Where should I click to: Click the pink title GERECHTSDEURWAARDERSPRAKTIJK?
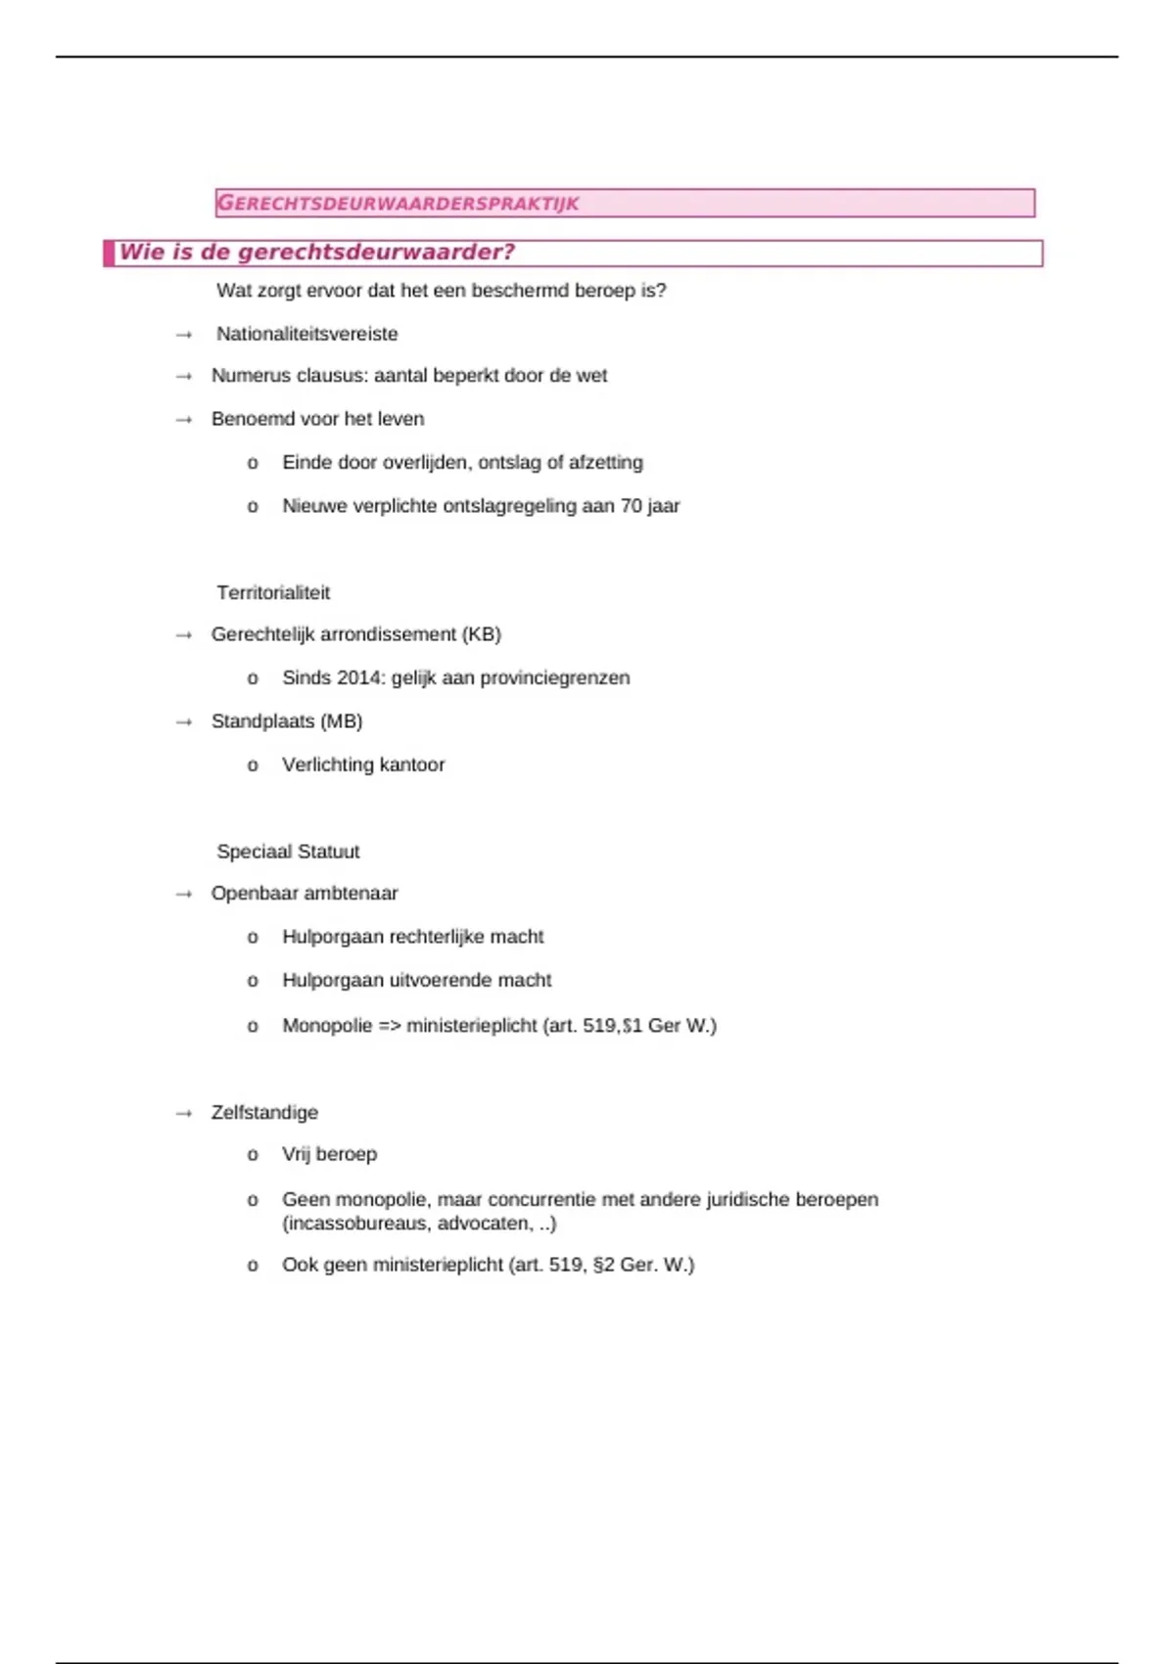[398, 204]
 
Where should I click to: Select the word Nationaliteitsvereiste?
[306, 334]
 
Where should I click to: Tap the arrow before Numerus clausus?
[184, 377]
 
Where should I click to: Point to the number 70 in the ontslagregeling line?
[631, 506]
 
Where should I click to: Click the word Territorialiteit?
[273, 593]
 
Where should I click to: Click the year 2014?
[357, 678]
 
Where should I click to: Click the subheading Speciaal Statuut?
[288, 852]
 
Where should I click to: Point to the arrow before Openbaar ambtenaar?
[184, 895]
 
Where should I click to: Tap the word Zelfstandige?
[264, 1113]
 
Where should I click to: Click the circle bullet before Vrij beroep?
[253, 1156]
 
